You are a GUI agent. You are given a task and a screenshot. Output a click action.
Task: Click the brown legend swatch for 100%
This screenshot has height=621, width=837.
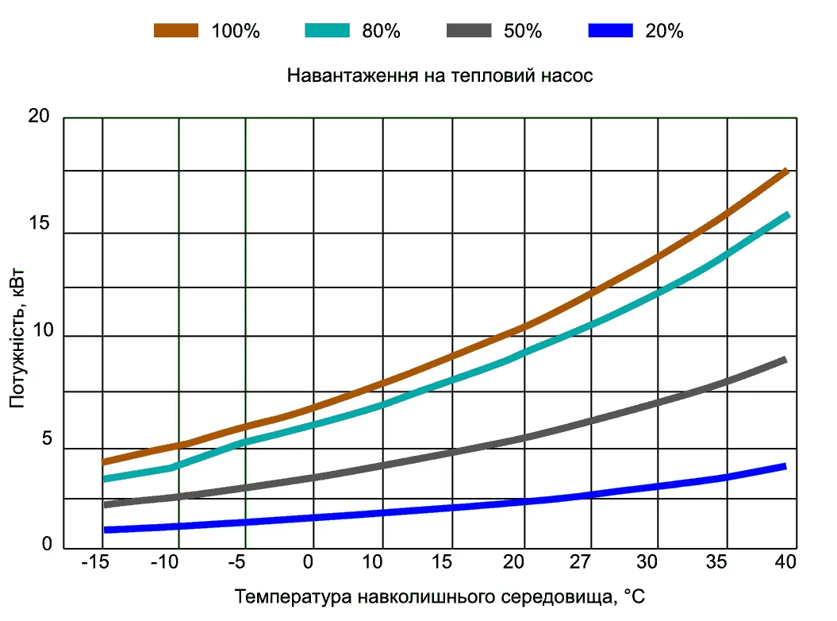[x=176, y=31]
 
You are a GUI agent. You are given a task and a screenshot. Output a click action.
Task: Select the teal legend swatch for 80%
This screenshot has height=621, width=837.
[x=327, y=31]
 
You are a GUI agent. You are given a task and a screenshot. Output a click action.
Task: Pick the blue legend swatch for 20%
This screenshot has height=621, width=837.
[x=610, y=31]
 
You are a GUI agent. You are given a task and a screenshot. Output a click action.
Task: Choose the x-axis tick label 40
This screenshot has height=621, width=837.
[x=785, y=562]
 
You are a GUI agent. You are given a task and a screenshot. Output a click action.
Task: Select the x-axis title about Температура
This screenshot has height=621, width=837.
[x=440, y=596]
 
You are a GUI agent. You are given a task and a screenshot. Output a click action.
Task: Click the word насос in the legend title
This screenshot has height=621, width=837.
[x=566, y=76]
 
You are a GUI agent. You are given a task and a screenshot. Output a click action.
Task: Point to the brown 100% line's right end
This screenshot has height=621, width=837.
[x=785, y=172]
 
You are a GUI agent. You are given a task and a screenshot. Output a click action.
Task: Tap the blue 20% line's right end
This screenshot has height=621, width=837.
[x=784, y=466]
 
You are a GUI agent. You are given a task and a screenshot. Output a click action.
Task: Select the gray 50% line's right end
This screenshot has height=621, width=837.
[x=784, y=361]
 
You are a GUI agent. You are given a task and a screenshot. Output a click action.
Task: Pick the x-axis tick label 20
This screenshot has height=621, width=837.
[x=513, y=562]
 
